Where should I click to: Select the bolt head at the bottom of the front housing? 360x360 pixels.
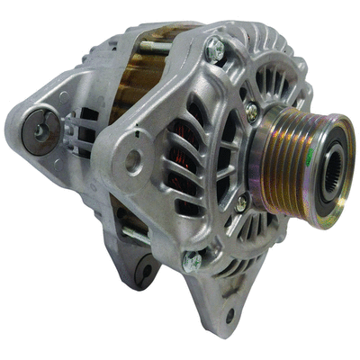[192, 261]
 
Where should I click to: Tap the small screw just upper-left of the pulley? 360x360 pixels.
[251, 112]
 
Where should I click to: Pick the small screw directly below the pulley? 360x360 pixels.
[240, 204]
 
